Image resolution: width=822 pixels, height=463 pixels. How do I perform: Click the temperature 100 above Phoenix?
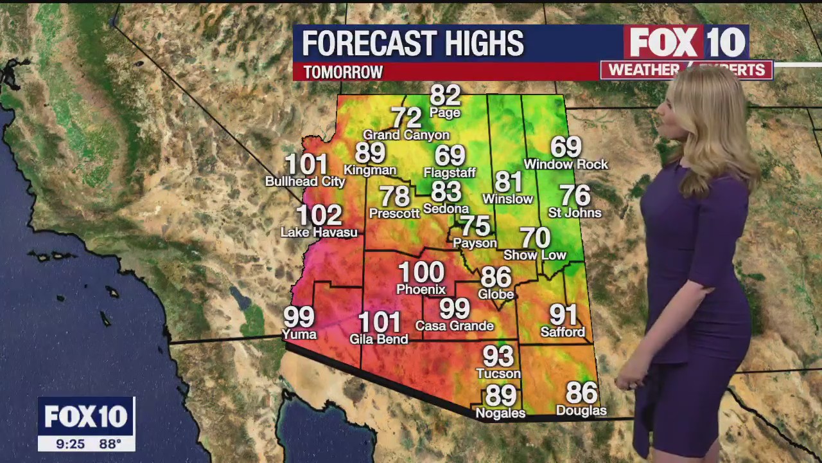[421, 272]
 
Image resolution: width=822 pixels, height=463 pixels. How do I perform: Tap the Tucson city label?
[498, 374]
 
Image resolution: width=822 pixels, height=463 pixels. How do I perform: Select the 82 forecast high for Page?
[445, 95]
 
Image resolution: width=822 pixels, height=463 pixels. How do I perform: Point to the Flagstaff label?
[450, 172]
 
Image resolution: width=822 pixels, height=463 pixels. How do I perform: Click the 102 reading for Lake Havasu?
[319, 215]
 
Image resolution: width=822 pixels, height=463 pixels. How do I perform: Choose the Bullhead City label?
[305, 181]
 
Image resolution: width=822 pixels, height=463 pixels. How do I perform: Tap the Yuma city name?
[299, 334]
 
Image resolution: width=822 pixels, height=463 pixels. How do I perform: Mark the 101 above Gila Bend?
[379, 322]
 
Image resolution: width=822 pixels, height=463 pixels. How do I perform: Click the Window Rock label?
[566, 165]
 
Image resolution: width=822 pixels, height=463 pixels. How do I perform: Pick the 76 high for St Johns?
[575, 195]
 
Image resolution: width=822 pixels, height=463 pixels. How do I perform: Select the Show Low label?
[535, 255]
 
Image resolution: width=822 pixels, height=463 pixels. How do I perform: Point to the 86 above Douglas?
[581, 392]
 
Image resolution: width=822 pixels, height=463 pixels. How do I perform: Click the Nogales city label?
[500, 413]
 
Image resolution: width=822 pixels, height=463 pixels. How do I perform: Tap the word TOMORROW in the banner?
[343, 72]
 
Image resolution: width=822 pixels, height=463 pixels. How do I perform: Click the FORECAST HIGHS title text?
[413, 44]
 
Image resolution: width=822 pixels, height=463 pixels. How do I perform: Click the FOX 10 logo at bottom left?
[86, 417]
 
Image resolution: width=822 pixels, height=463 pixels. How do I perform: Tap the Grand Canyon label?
[406, 135]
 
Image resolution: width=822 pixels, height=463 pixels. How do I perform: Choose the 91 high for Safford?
[563, 314]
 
